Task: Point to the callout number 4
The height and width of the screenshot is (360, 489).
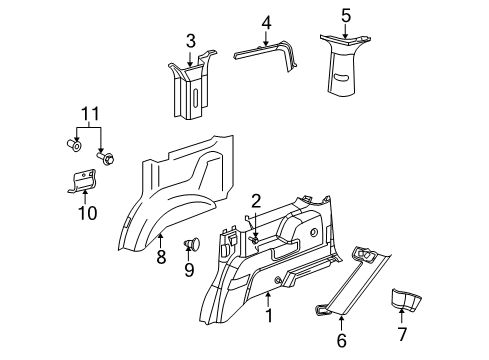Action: click(x=266, y=22)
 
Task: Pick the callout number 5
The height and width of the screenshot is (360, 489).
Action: click(x=345, y=15)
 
